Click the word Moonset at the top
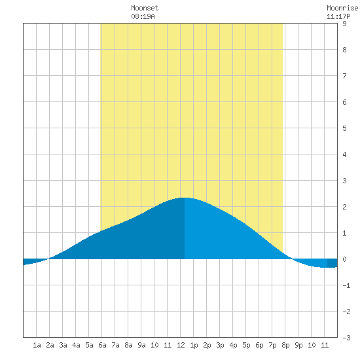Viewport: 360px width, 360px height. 145,8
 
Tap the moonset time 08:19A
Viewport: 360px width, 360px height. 143,16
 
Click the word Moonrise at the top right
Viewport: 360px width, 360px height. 342,8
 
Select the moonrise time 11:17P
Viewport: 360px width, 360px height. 338,16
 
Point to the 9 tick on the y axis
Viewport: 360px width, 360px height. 344,24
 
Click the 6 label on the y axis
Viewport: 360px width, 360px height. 344,102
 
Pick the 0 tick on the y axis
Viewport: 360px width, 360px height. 344,259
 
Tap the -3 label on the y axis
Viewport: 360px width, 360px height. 346,338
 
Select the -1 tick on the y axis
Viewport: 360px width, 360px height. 346,285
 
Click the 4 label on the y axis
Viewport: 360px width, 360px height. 344,154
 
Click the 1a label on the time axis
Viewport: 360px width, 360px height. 37,345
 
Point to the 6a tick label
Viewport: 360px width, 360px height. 102,345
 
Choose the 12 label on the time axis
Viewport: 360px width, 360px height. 181,345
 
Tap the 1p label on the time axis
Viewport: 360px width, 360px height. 194,345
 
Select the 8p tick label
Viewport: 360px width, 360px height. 285,345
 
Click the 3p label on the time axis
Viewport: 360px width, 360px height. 220,345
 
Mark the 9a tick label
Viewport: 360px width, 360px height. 141,345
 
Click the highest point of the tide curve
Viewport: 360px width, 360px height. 185,198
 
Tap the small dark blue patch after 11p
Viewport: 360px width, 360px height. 333,263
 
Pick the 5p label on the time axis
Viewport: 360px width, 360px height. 246,345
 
